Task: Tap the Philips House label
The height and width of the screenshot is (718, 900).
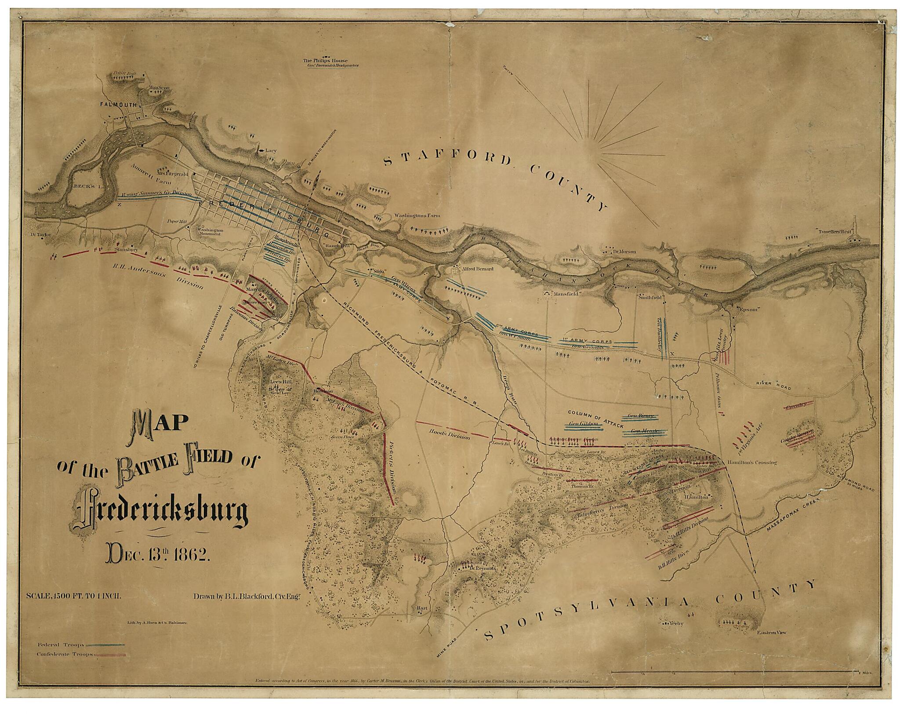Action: click(325, 61)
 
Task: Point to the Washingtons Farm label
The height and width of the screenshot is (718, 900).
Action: click(417, 215)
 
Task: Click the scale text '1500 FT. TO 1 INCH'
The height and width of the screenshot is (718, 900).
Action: click(90, 597)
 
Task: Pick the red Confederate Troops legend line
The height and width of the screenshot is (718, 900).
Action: click(110, 654)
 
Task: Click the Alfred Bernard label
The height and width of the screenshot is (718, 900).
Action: click(477, 269)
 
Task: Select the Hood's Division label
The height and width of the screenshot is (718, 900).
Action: click(450, 435)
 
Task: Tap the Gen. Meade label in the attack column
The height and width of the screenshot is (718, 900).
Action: click(643, 431)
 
